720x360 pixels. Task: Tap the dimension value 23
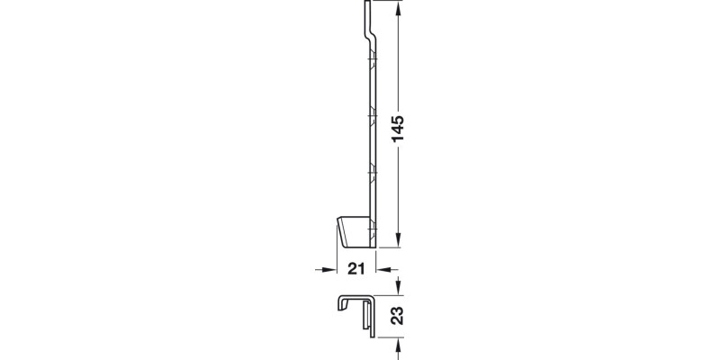(399, 316)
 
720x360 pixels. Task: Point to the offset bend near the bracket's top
(370, 36)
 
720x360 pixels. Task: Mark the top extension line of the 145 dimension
(385, 1)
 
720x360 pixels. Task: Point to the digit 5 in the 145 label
(399, 117)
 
